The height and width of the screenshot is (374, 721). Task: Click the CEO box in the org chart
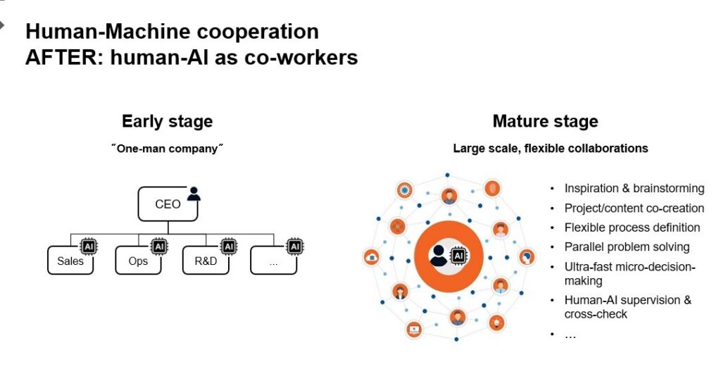(x=168, y=204)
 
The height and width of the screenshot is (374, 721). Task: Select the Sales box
(x=70, y=261)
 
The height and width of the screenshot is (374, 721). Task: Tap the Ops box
(x=139, y=261)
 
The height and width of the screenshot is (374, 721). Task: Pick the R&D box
(x=206, y=261)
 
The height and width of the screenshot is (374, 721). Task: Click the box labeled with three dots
(x=274, y=261)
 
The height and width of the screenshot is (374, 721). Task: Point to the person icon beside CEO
(x=194, y=194)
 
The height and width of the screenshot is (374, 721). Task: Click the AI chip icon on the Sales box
(x=89, y=247)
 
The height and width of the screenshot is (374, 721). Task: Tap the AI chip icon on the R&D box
(x=227, y=247)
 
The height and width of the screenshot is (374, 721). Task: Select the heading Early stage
(x=167, y=121)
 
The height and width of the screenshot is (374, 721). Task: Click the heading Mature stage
(x=545, y=121)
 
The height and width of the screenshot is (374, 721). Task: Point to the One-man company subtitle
(x=167, y=149)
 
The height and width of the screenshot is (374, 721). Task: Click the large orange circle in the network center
(x=449, y=255)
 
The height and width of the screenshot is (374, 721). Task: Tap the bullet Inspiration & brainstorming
(x=634, y=189)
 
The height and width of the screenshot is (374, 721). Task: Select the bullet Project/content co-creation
(x=634, y=208)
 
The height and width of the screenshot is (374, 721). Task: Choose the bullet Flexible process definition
(x=632, y=227)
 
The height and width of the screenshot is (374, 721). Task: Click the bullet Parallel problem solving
(x=627, y=247)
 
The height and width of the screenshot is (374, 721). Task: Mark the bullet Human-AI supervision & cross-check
(x=627, y=307)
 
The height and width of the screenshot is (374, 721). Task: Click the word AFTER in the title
(x=58, y=56)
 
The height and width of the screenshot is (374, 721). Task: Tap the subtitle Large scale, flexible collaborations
(x=550, y=149)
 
